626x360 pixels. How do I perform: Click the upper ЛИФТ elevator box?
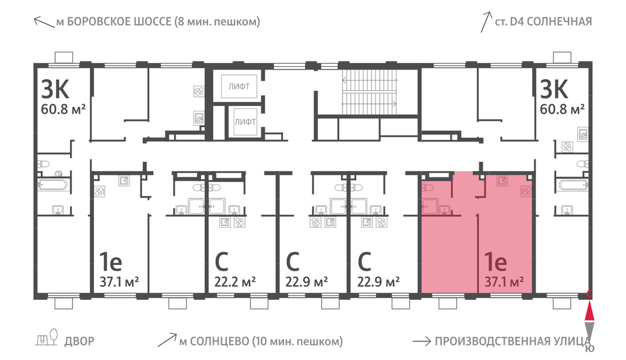tap(239, 86)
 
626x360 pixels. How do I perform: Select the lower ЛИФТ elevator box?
tap(245, 122)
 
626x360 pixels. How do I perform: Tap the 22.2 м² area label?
tap(235, 282)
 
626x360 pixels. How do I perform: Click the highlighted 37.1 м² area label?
tap(504, 282)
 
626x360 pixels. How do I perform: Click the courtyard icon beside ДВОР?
tap(47, 337)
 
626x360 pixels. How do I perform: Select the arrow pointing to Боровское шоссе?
tap(44, 22)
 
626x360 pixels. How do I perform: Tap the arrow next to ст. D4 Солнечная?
tap(486, 22)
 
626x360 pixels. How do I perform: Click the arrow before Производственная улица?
tap(421, 341)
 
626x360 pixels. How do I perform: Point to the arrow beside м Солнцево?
tap(168, 340)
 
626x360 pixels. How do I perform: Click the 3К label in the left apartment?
tap(55, 89)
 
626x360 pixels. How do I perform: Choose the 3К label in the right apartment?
tap(554, 89)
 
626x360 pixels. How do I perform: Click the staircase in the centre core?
tap(369, 93)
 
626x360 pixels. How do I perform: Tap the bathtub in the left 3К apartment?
tap(53, 184)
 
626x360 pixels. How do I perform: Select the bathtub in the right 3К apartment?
tap(573, 184)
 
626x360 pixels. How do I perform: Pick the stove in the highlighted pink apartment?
tap(526, 191)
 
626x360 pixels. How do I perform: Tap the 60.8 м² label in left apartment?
tap(64, 108)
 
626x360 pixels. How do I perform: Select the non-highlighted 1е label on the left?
tap(111, 261)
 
